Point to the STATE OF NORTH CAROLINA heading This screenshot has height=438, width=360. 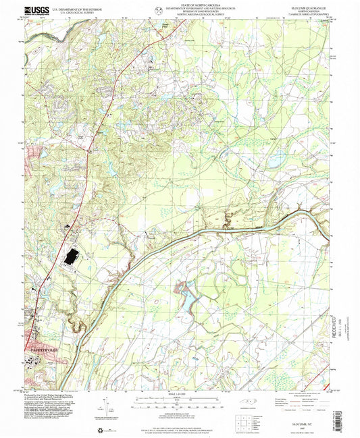tap(182, 4)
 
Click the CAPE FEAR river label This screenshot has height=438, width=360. tap(233, 229)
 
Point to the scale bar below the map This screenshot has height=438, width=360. tap(180, 400)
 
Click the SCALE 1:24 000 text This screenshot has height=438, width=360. tap(180, 393)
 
